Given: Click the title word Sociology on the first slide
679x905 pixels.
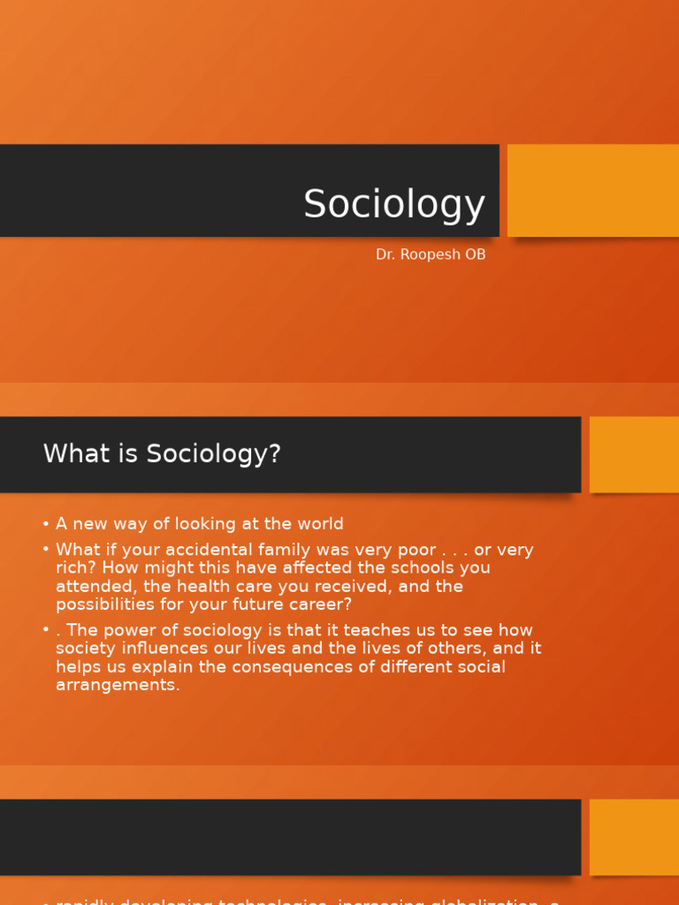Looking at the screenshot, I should point(394,205).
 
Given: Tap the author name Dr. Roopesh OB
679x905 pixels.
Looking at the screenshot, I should point(431,255).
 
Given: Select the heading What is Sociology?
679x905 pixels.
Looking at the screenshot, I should point(162,453).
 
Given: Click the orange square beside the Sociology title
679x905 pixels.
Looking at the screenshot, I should point(593,190).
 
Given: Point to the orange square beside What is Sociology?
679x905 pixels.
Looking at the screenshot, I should point(634,454).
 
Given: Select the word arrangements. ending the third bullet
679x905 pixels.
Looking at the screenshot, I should point(118,685).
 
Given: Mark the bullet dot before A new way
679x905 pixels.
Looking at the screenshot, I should point(46,524).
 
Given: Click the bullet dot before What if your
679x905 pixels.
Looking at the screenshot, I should point(46,550).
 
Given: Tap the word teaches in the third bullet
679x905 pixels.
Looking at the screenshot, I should point(348,630).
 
